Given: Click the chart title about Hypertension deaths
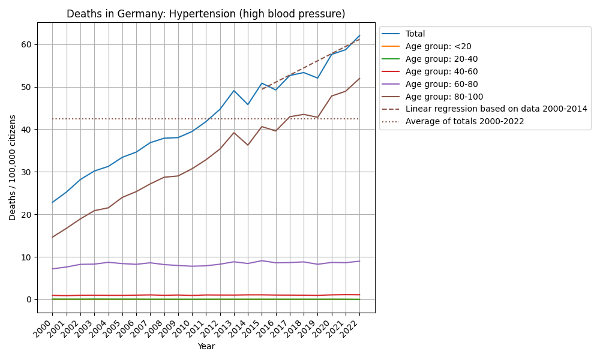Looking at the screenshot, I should pos(206,14).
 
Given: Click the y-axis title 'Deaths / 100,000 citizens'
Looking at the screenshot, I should pos(13,167).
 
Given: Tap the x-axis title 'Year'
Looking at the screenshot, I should pos(206,346).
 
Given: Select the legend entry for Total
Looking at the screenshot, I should pos(415,34).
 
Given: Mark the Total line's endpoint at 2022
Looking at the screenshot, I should pos(359,35).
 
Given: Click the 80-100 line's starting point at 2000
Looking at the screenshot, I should pos(52,237).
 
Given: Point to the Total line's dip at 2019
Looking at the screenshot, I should pos(317,78).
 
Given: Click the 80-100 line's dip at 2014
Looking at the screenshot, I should pos(248,145).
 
